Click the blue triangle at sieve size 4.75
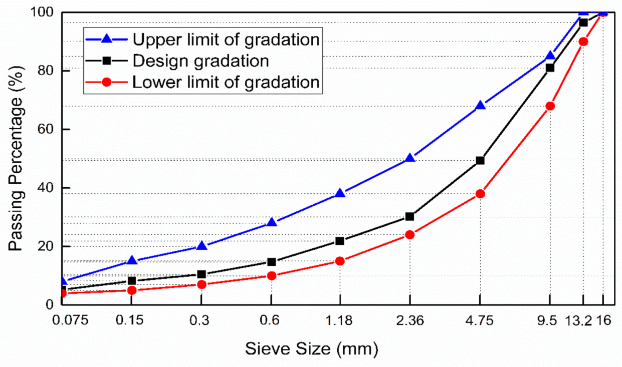point(480,106)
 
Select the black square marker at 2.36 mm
point(409,216)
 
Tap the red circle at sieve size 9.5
point(550,106)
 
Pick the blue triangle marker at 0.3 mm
point(201,246)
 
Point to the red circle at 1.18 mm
point(339,261)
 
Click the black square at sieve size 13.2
point(583,23)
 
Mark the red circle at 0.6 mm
point(271,275)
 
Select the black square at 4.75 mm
point(480,160)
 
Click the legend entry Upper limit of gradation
point(226,39)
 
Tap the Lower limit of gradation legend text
point(226,82)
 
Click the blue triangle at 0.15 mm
point(132,260)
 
